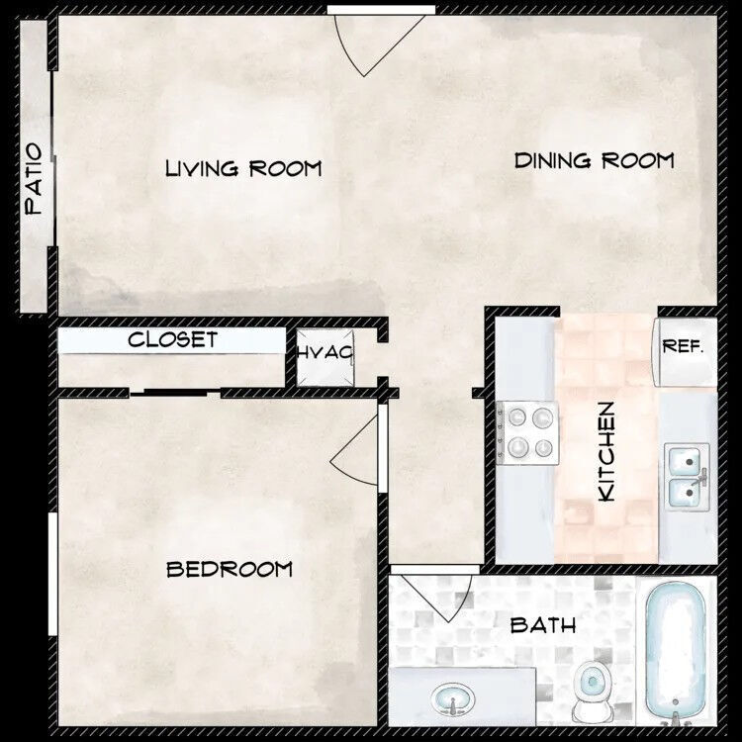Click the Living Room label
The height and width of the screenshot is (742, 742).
(243, 168)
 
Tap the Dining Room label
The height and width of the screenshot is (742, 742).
(595, 160)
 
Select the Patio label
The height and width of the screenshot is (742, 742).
(35, 179)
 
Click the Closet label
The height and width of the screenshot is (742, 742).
(172, 340)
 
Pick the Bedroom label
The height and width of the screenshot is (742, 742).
(230, 569)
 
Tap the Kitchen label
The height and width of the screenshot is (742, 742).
(607, 450)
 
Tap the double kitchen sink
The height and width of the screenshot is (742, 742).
(685, 476)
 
